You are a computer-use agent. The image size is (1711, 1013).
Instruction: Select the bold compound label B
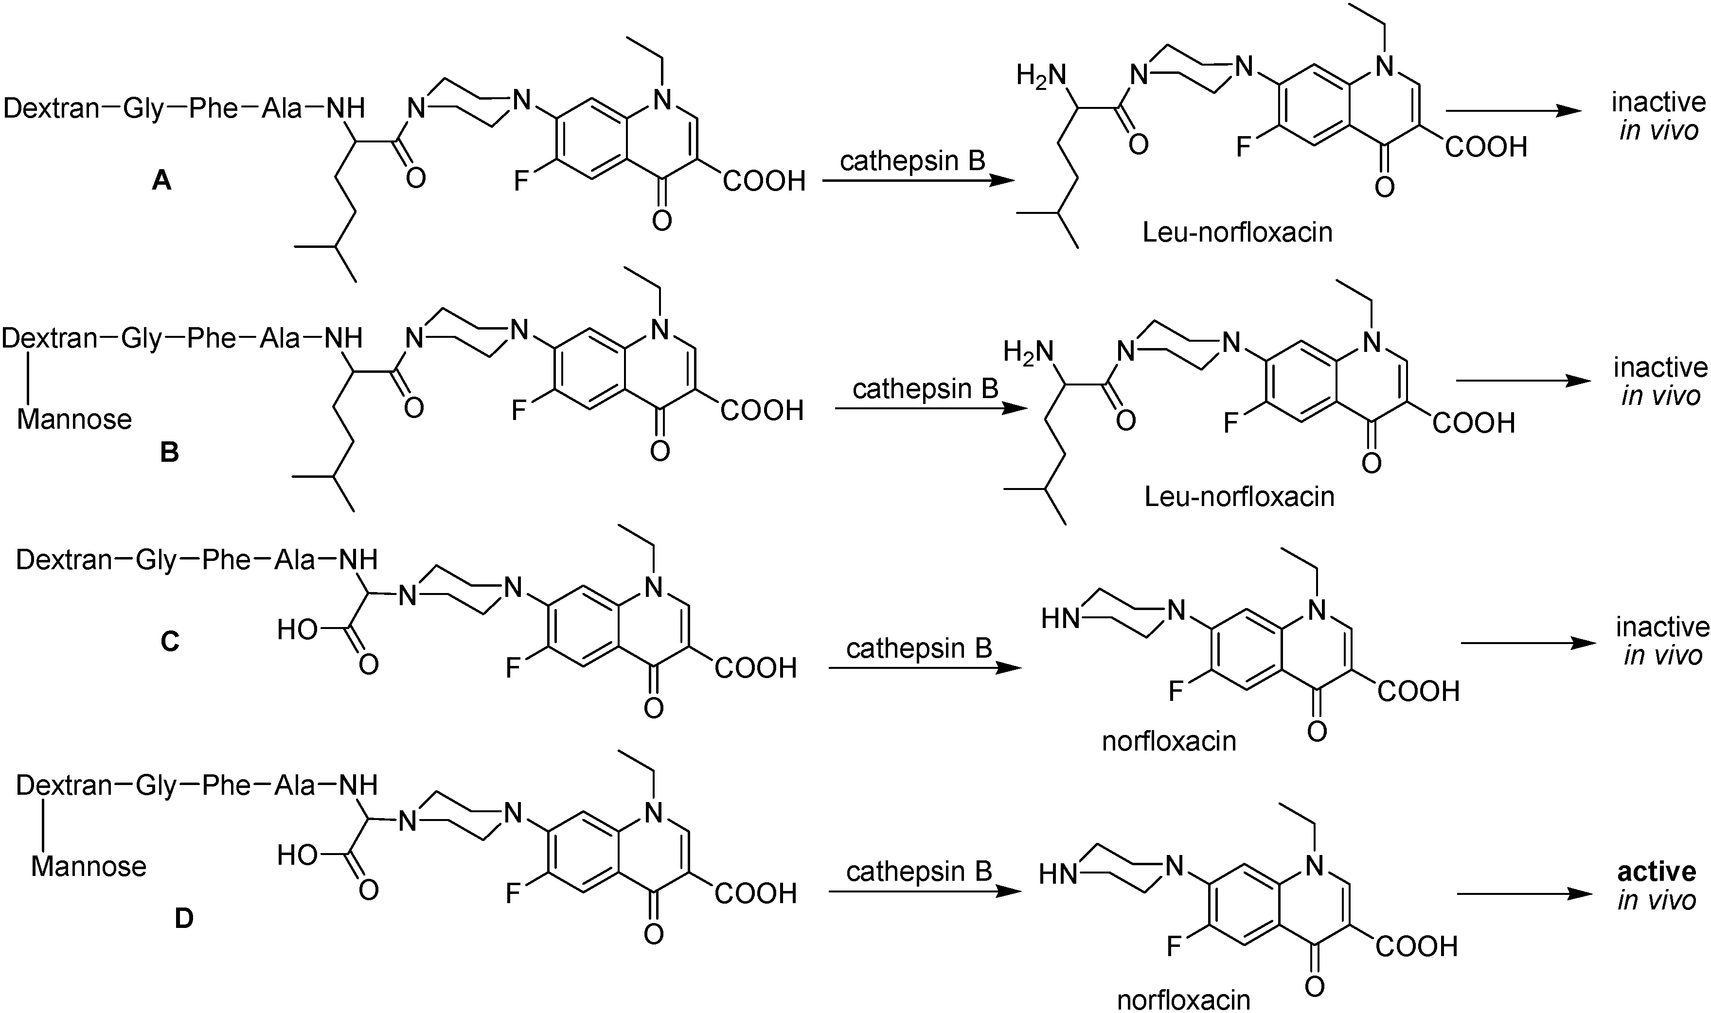(x=169, y=453)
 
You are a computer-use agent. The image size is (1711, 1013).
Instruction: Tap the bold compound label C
(x=169, y=642)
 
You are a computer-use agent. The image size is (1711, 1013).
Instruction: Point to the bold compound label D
(x=184, y=919)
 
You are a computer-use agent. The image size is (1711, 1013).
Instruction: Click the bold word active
(x=1657, y=872)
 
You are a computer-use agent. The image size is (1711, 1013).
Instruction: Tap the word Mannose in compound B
(x=74, y=419)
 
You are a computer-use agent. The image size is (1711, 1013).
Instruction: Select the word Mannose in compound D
(x=89, y=866)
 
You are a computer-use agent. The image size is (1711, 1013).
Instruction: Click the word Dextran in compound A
(x=52, y=108)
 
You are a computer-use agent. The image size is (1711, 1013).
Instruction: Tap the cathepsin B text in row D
(x=919, y=872)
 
